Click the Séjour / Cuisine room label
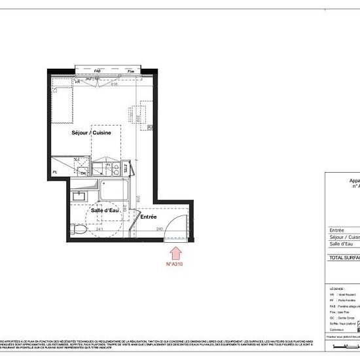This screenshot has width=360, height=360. tap(92, 132)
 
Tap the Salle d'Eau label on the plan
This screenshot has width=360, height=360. tap(103, 210)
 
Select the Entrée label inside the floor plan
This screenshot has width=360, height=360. tap(149, 217)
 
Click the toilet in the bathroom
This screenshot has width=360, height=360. tap(77, 230)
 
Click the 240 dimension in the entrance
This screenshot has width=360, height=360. tap(159, 228)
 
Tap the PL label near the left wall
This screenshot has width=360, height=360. tap(54, 172)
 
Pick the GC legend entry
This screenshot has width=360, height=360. tap(340, 317)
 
